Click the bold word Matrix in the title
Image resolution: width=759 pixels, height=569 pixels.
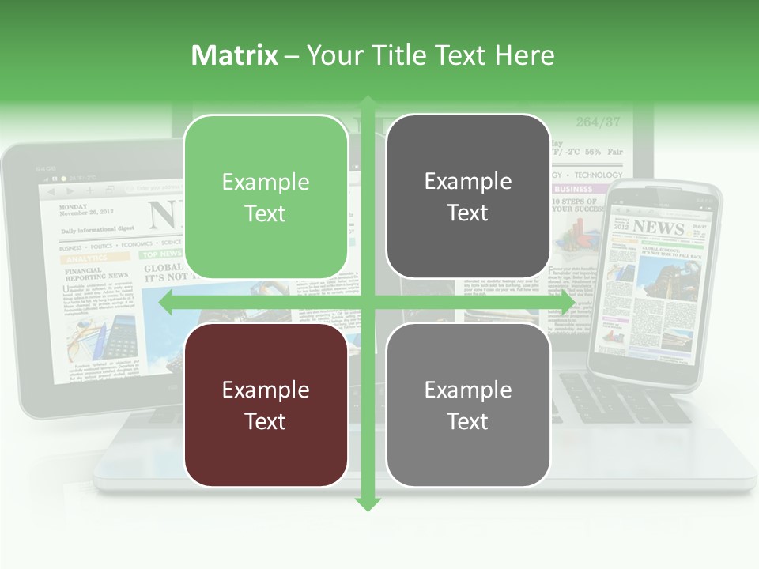pyautogui.click(x=235, y=55)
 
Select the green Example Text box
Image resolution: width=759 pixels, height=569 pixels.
pyautogui.click(x=266, y=197)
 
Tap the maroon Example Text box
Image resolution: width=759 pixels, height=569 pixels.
pyautogui.click(x=266, y=405)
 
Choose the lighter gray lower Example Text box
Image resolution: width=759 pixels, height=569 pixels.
pyautogui.click(x=468, y=405)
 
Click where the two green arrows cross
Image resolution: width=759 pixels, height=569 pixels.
pyautogui.click(x=368, y=303)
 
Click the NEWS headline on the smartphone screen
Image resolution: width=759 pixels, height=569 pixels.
pyautogui.click(x=658, y=228)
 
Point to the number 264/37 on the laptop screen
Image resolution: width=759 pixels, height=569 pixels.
pyautogui.click(x=598, y=122)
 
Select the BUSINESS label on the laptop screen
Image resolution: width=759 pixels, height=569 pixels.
pyautogui.click(x=574, y=190)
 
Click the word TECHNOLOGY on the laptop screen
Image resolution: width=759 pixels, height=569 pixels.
pyautogui.click(x=599, y=175)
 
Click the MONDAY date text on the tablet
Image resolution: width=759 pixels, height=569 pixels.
pyautogui.click(x=74, y=208)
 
